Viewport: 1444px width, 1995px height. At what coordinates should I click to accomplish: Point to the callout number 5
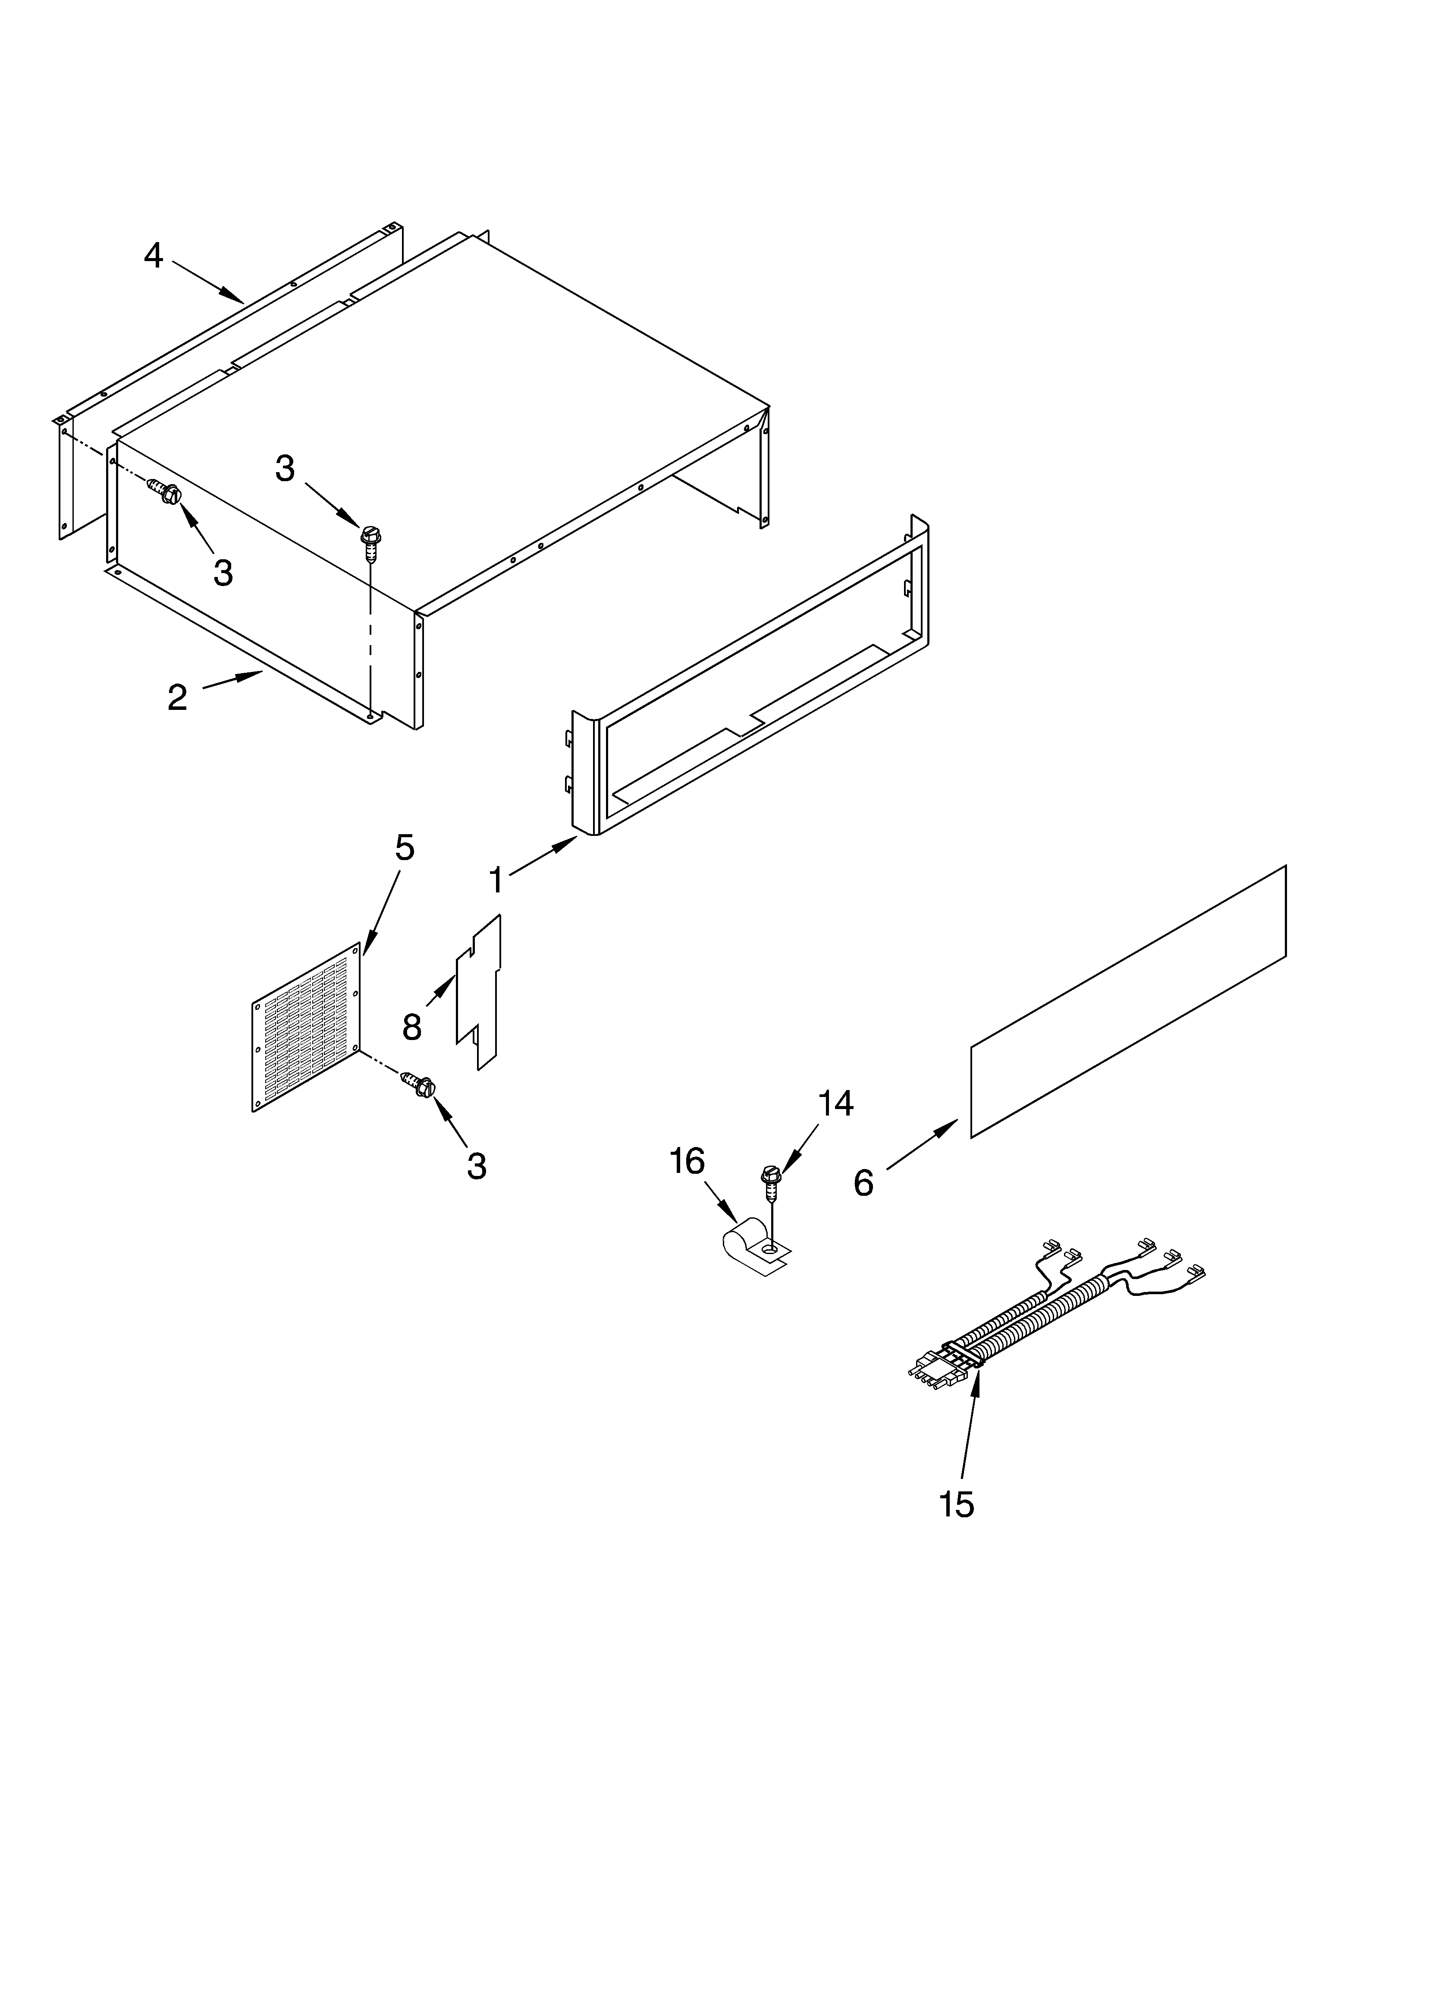pos(404,848)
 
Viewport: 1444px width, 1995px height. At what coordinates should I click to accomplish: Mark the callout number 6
pos(863,1183)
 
